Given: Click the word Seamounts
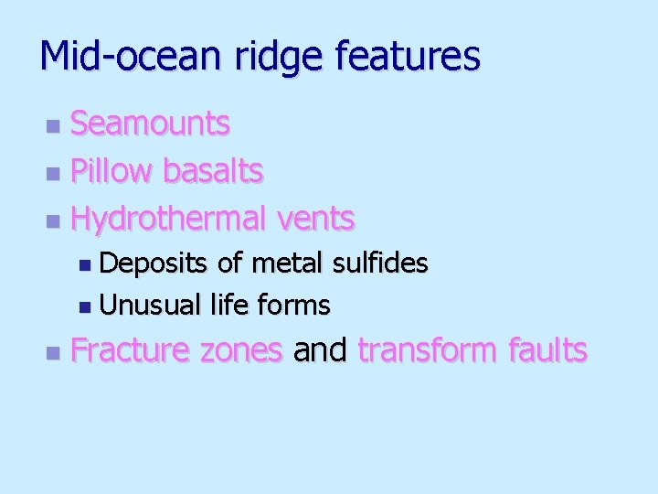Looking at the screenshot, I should click(151, 123).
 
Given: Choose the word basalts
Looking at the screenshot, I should click(213, 170).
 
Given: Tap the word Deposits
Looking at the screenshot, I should click(155, 264).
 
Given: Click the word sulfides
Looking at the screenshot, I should click(381, 263).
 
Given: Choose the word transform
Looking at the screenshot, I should click(430, 350).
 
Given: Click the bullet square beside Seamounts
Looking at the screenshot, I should click(54, 124).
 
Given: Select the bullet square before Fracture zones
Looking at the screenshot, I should click(54, 352).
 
